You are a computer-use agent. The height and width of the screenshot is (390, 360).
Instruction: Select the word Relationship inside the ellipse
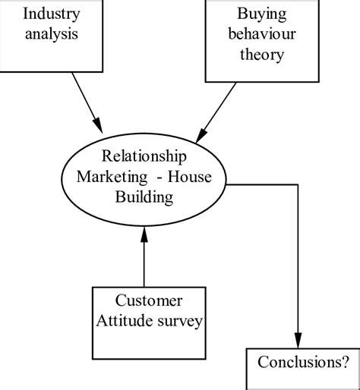[x=145, y=157]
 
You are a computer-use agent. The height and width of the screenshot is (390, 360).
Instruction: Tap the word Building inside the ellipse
[x=145, y=197]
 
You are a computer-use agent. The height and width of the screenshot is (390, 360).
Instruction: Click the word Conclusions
[x=295, y=362]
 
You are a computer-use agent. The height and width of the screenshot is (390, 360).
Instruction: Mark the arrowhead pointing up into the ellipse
[x=144, y=237]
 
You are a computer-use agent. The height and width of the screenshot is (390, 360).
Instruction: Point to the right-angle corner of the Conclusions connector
[x=298, y=185]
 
